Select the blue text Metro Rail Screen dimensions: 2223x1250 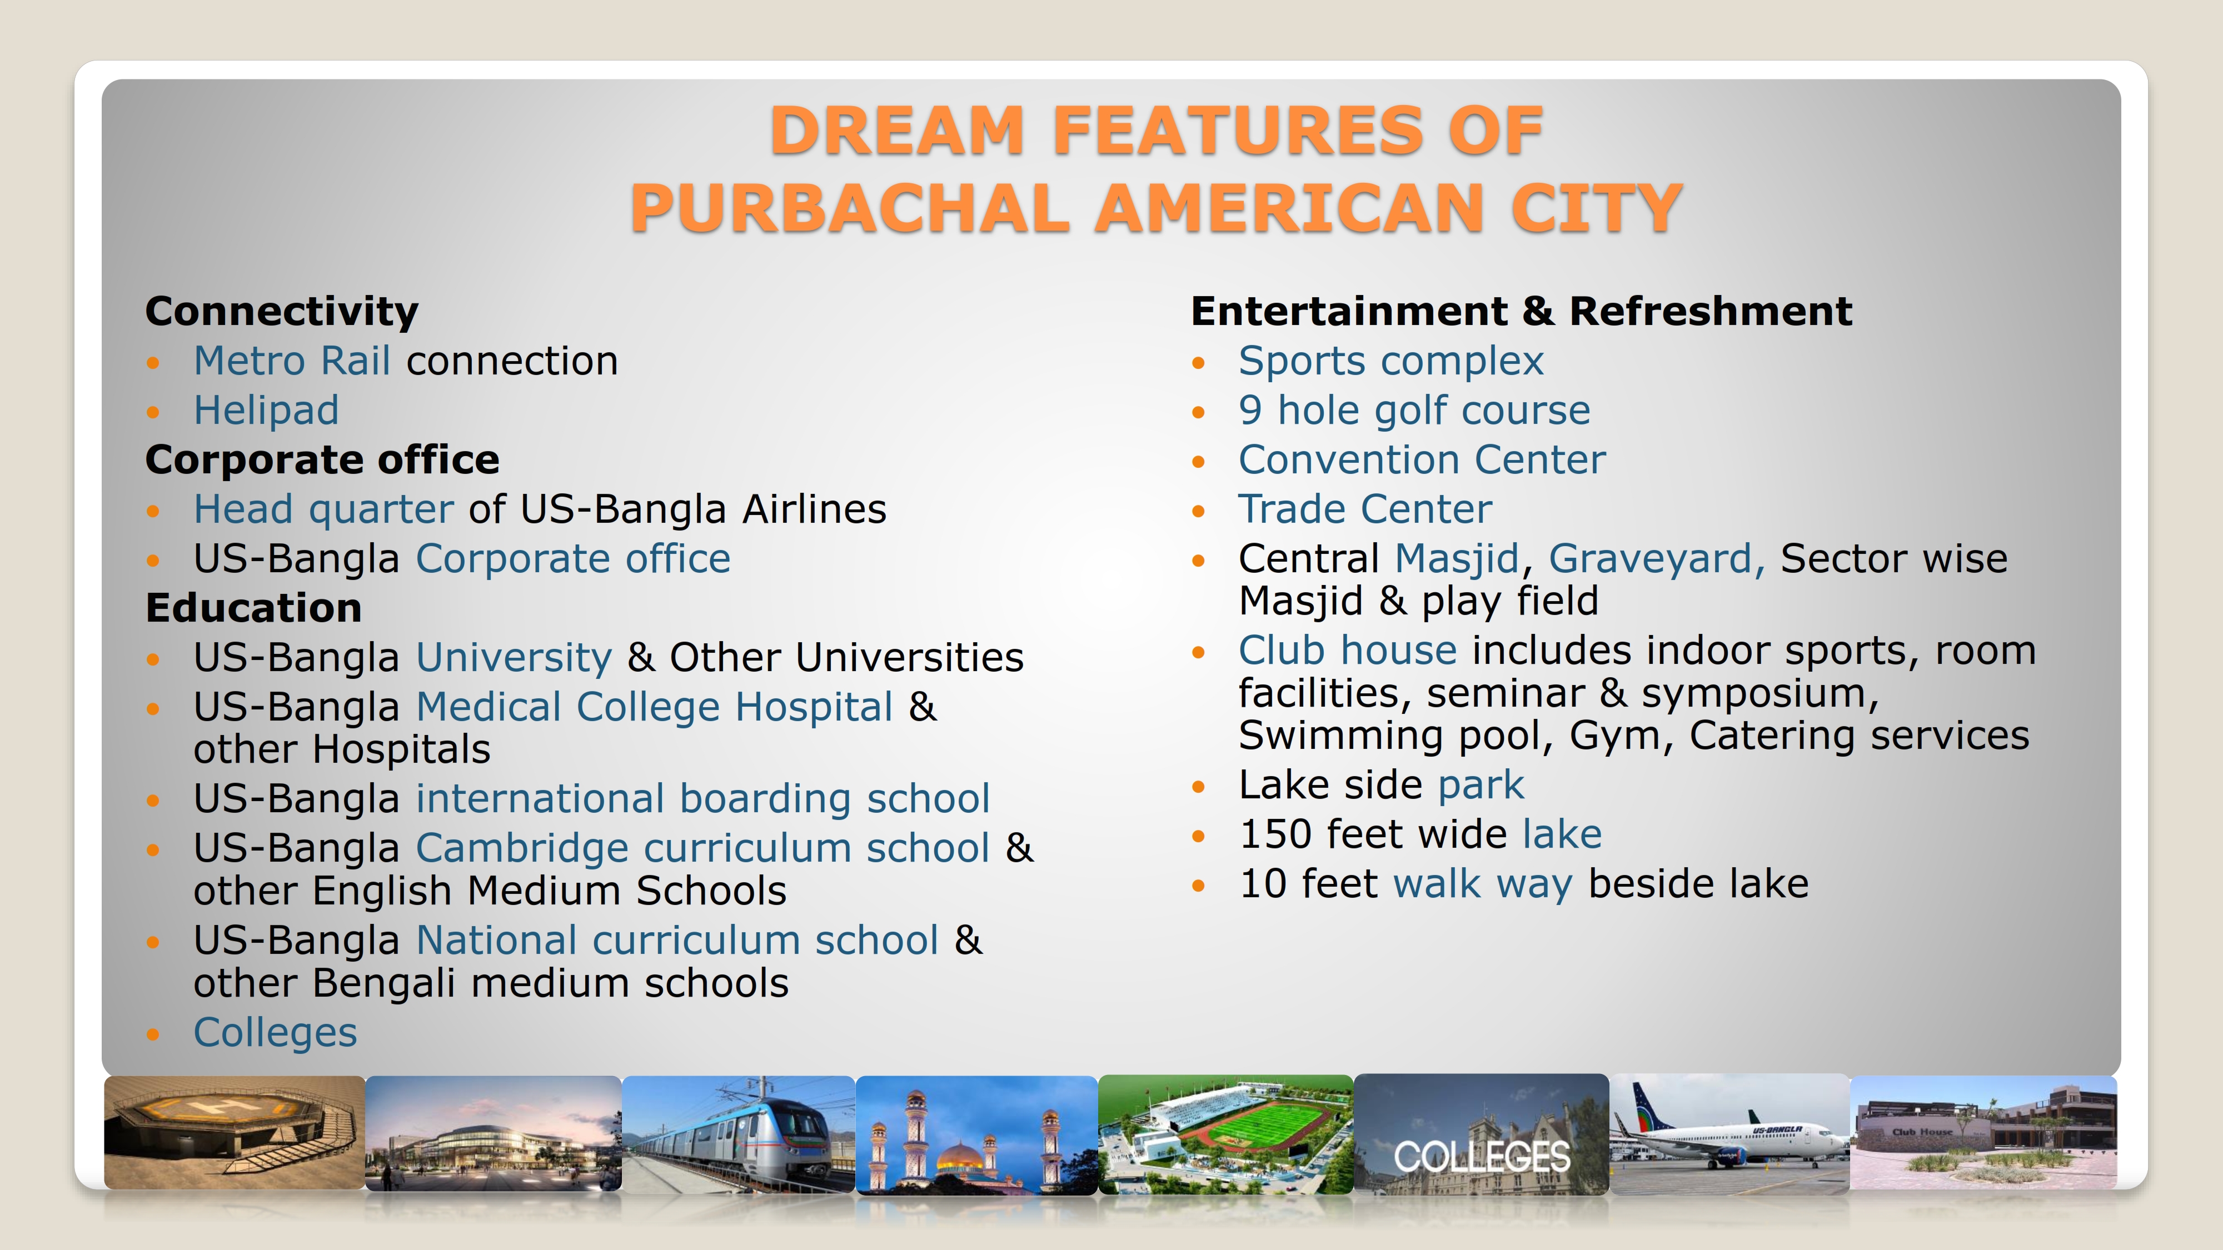click(292, 361)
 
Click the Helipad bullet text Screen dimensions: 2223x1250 click(266, 410)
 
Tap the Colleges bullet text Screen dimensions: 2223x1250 click(275, 1033)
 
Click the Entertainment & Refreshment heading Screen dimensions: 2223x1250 click(1522, 312)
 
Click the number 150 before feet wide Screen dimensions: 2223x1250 click(1275, 834)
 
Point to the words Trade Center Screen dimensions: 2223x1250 click(1365, 509)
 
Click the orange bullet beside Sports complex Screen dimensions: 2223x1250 click(1198, 363)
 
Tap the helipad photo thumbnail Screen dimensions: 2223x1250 click(235, 1132)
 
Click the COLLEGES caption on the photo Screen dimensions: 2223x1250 click(1482, 1157)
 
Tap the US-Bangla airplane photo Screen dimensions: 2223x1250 click(1730, 1133)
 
